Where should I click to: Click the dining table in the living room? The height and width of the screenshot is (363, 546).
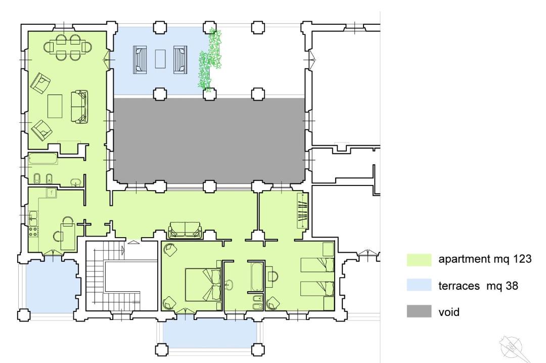pyautogui.click(x=68, y=47)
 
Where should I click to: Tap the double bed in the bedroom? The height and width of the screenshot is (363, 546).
pyautogui.click(x=203, y=285)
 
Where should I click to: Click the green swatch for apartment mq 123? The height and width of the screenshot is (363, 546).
pyautogui.click(x=419, y=260)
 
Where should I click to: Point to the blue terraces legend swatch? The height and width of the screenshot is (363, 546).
pyautogui.click(x=419, y=285)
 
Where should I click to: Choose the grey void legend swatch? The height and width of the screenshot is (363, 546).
pyautogui.click(x=419, y=311)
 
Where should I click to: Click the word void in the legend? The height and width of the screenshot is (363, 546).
pyautogui.click(x=449, y=312)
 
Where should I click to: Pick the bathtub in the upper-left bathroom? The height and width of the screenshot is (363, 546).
pyautogui.click(x=43, y=159)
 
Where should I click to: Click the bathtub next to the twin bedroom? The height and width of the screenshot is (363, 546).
pyautogui.click(x=257, y=277)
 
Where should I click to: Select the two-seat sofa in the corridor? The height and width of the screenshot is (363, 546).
pyautogui.click(x=185, y=230)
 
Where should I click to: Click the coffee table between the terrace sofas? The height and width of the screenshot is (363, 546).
pyautogui.click(x=160, y=59)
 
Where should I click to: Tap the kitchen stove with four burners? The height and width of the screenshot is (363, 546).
pyautogui.click(x=33, y=232)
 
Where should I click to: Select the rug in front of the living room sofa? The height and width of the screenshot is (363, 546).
pyautogui.click(x=55, y=106)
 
